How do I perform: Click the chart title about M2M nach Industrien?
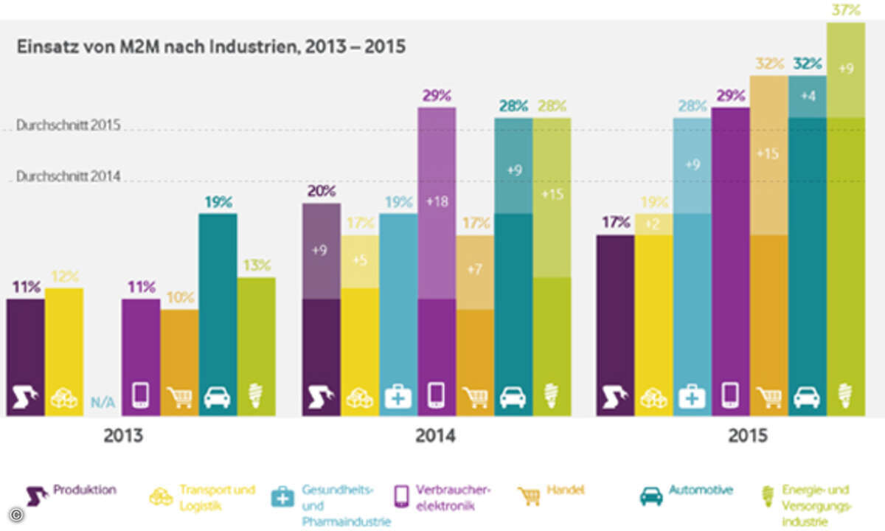[x=211, y=47]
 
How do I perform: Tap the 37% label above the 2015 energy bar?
[x=845, y=10]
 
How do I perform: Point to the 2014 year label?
[x=435, y=436]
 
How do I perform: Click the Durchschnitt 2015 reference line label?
[x=67, y=126]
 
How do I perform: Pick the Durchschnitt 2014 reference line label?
[x=67, y=177]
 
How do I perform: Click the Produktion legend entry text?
[x=85, y=489]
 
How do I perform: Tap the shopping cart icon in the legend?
[x=530, y=496]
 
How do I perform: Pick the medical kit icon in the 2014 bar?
[x=398, y=397]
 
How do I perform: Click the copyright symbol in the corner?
[x=14, y=514]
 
